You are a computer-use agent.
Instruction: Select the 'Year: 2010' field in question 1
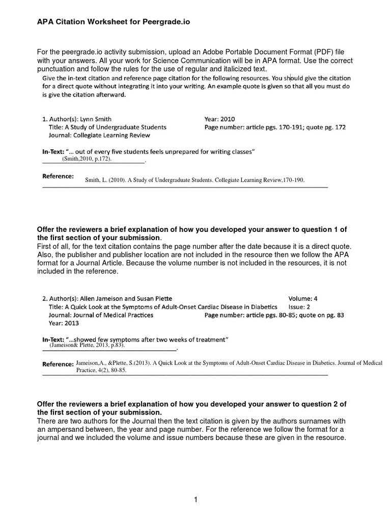coord(219,119)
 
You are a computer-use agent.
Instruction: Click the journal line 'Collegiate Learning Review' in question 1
coord(99,136)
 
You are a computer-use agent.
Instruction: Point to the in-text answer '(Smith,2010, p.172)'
coord(87,159)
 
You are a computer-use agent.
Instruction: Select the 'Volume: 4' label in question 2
coord(304,298)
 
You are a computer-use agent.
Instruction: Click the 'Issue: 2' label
coord(300,307)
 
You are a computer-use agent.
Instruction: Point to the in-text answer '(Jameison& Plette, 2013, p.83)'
coord(87,345)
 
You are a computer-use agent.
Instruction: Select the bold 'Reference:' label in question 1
coord(58,176)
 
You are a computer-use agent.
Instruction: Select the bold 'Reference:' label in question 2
coord(58,364)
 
